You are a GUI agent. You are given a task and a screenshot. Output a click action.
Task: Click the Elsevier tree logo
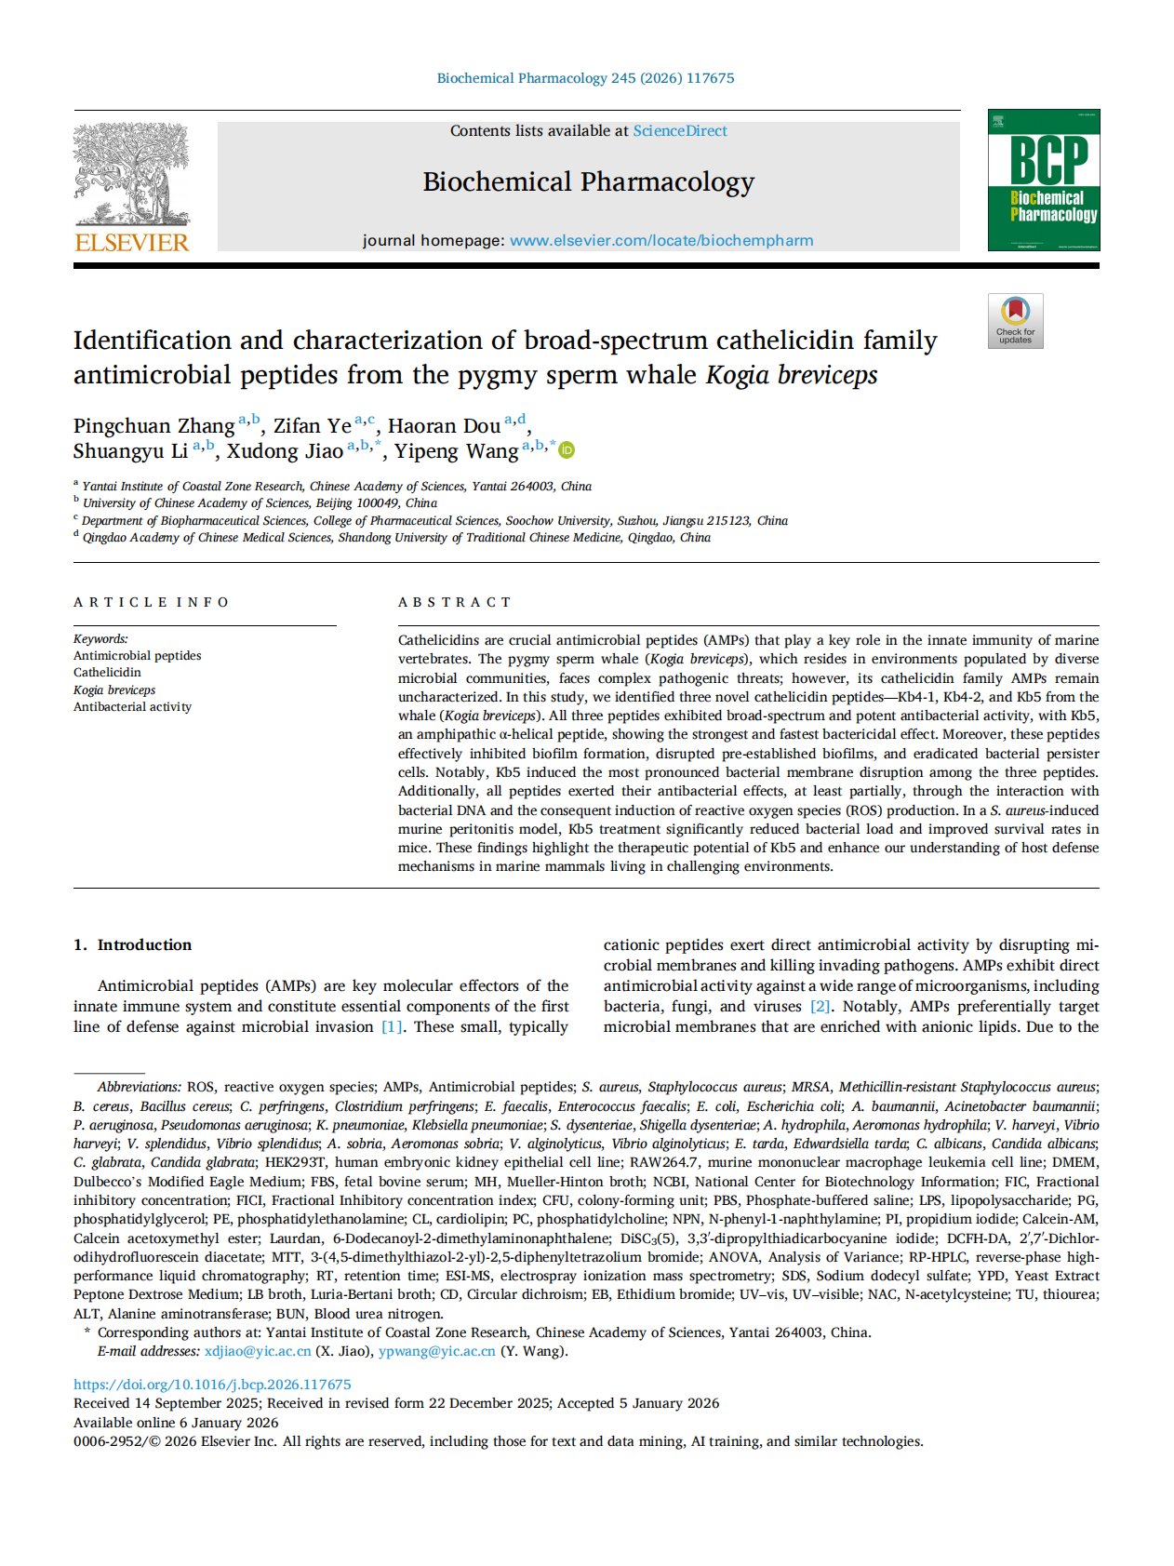131,177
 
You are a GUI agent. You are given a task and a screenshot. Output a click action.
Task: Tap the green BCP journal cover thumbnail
1043,180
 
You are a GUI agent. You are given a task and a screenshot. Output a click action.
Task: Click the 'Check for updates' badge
1015,321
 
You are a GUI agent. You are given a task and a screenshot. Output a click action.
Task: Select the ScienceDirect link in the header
680,131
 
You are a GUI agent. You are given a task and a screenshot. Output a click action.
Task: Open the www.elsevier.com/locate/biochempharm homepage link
661,240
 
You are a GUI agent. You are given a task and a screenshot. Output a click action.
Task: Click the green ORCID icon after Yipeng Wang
567,451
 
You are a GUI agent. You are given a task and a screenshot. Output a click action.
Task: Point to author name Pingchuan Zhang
154,426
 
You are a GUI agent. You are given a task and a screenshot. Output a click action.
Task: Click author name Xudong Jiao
285,451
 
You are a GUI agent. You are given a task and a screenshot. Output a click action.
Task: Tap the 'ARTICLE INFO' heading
151,602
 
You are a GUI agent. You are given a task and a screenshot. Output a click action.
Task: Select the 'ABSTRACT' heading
454,602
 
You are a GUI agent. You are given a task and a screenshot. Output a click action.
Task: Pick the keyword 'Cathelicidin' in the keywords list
107,672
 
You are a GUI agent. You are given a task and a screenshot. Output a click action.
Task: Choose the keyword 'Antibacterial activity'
132,706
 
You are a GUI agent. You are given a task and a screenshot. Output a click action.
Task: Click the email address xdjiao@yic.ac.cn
258,1351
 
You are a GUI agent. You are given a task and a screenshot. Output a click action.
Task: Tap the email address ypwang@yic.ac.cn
436,1351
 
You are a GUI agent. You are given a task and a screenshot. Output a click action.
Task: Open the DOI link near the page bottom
212,1385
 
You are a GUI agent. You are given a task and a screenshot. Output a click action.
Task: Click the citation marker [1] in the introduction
392,1026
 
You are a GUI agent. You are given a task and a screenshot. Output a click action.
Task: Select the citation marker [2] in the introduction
820,1006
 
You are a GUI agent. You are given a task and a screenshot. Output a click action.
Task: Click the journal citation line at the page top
585,78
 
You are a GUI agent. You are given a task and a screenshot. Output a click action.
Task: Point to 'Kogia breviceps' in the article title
792,375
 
